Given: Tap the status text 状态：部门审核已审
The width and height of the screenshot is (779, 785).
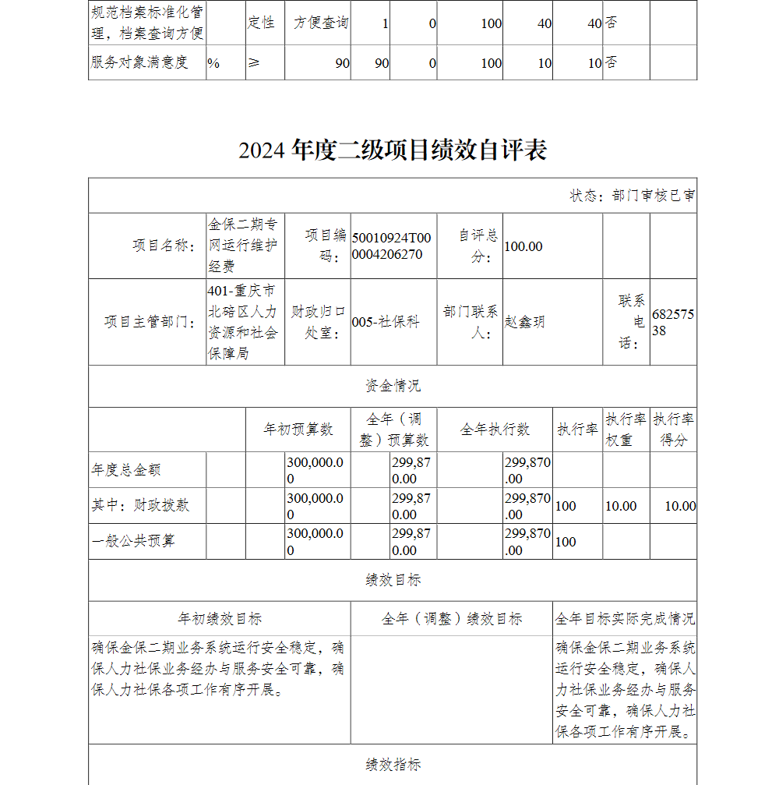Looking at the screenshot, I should [x=633, y=196].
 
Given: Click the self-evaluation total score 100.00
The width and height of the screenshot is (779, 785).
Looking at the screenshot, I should [x=523, y=246].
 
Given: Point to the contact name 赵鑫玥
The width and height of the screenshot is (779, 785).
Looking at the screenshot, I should [x=525, y=322].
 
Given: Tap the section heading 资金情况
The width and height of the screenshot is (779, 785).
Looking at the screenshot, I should [x=393, y=386].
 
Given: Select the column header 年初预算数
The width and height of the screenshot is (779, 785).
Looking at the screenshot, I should [x=298, y=430].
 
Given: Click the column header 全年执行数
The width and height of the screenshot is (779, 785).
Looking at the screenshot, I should [x=495, y=430].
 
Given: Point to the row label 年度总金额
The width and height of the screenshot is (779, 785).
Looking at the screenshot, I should [x=126, y=470].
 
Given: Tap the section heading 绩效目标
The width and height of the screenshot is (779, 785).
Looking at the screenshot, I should [x=393, y=580].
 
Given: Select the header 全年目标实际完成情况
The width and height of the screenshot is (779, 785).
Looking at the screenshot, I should [x=625, y=619].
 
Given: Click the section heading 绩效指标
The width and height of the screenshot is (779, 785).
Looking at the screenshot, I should [x=393, y=765].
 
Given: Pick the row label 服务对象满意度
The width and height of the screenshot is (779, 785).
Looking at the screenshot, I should [x=139, y=62].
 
